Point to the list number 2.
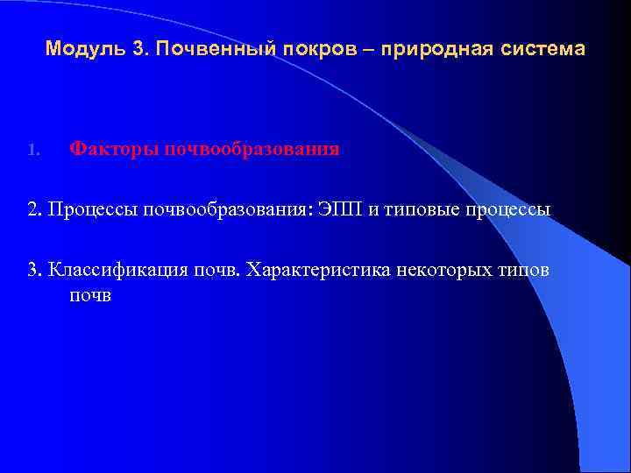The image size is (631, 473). tap(33, 209)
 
